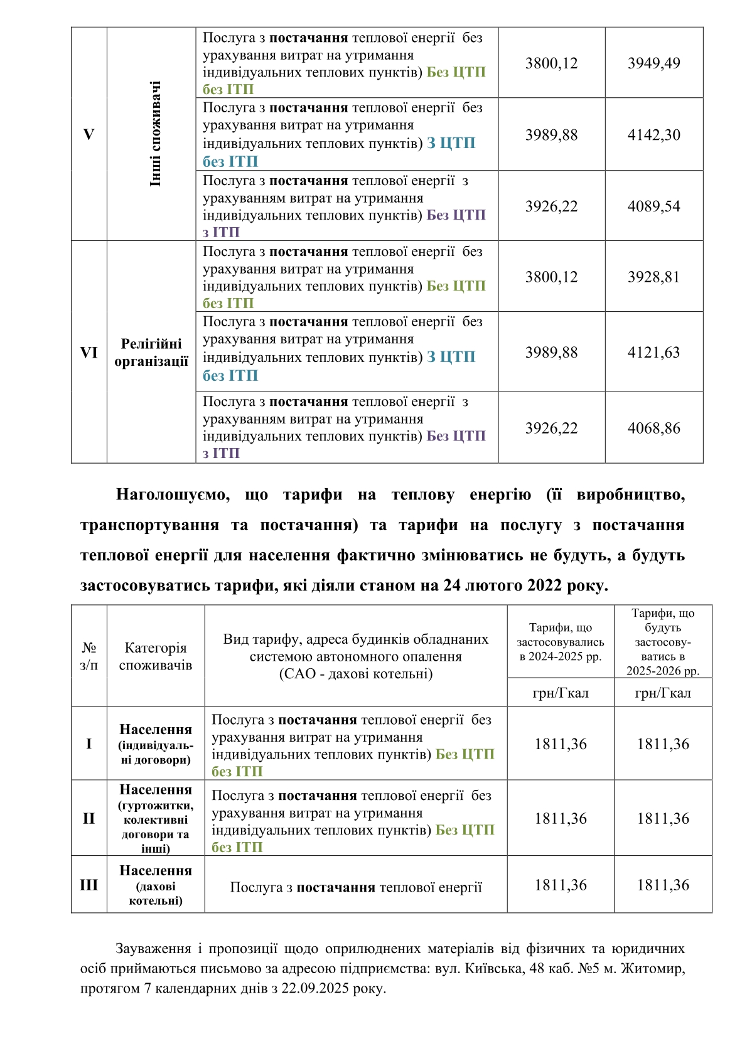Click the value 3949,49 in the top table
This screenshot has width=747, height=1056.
coord(653,63)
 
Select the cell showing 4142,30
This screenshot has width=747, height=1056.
coord(653,135)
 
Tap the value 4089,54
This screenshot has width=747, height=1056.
coord(653,206)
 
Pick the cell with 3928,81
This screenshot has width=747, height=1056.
coord(653,277)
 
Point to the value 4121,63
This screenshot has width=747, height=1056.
coord(653,352)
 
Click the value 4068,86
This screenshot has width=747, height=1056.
coord(653,428)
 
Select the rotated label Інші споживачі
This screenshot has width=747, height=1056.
coord(155,134)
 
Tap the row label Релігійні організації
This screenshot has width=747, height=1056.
coord(151,352)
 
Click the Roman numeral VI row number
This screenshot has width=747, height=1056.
coord(89,352)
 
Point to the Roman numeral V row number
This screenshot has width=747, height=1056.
coord(89,134)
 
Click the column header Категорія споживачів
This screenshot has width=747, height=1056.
coord(156,656)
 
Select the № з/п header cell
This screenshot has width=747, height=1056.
coord(89,656)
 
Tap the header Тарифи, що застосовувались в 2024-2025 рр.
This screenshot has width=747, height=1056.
coord(560,642)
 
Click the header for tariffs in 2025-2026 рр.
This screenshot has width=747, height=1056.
coord(663,642)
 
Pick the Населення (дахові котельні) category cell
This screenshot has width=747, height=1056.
coord(156,885)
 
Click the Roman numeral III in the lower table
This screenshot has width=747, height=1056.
coord(89,885)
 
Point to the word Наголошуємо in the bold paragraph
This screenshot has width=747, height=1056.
coord(173,495)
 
